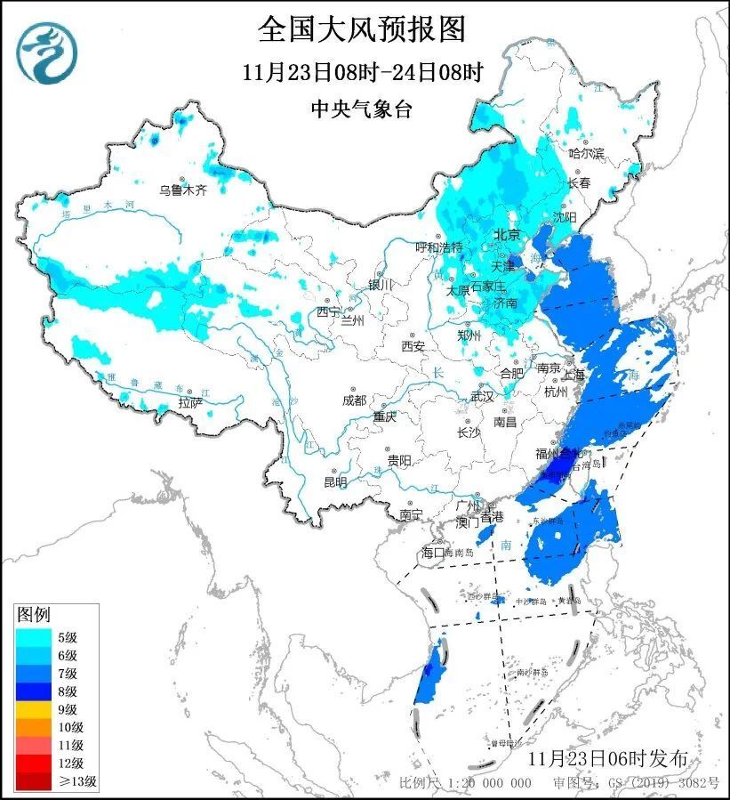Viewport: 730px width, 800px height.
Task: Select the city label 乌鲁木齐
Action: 182,190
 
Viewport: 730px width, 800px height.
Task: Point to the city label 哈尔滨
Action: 586,154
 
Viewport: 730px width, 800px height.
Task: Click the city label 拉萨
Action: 189,403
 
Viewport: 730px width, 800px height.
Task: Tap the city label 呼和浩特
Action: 440,247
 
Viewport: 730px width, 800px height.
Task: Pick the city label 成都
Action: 354,400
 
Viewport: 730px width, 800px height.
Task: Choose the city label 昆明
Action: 335,481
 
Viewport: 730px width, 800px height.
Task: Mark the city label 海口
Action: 433,553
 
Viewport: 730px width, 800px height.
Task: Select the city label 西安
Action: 413,345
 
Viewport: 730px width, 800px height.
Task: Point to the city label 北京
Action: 506,235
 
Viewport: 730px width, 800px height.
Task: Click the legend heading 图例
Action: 35,614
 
